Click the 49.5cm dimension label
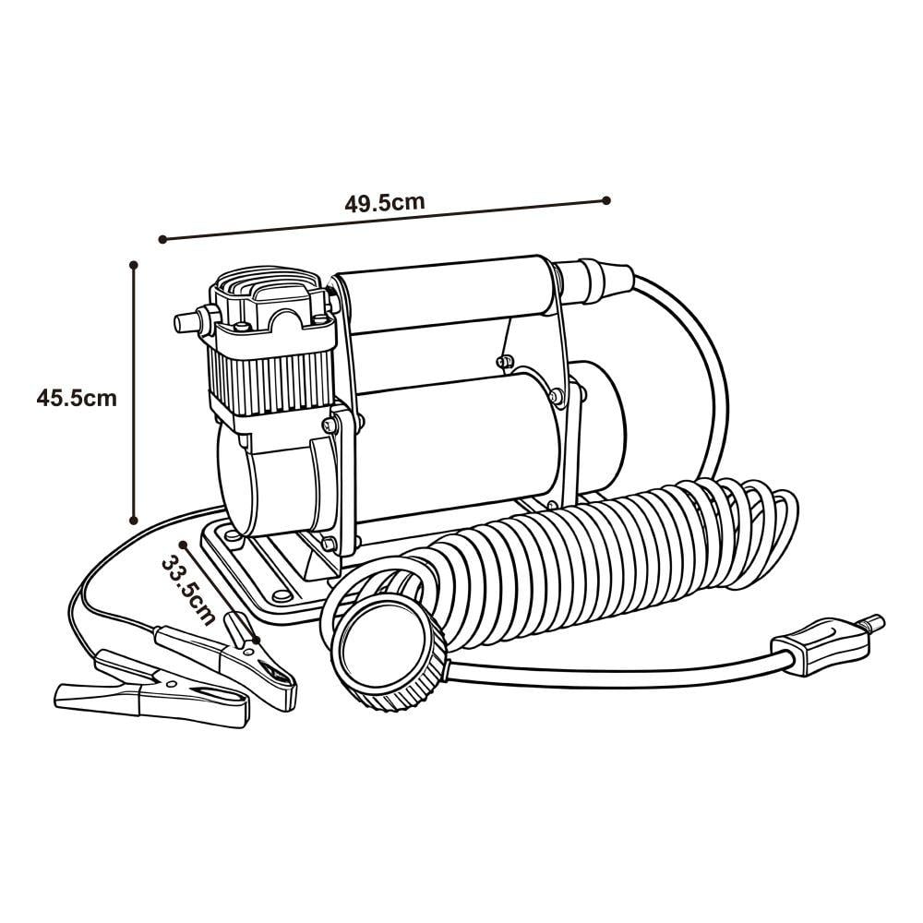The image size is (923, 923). (385, 203)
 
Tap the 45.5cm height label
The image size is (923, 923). (78, 399)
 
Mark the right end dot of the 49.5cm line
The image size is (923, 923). (606, 199)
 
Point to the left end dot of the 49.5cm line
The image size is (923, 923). (162, 239)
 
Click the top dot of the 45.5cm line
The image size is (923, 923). (134, 264)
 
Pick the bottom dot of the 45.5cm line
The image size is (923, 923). (134, 521)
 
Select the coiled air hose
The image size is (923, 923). (591, 554)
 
